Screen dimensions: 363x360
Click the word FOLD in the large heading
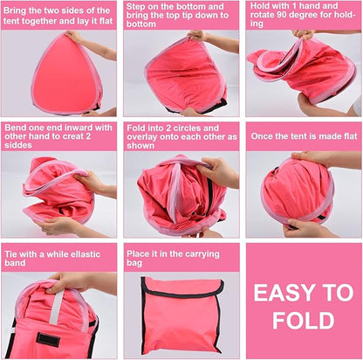[x=304, y=321]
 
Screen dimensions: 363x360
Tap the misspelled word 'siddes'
[x=18, y=145]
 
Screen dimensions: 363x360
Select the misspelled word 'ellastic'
[x=84, y=254]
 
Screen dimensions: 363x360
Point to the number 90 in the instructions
[x=281, y=15]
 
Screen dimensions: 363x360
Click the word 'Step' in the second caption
[x=135, y=6]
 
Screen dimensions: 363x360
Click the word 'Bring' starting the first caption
[x=15, y=11]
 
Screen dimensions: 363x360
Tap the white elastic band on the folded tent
[x=56, y=307]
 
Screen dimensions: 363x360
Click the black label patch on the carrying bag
[x=48, y=340]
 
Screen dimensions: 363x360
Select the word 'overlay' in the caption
[x=141, y=137]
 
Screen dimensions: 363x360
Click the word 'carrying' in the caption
[x=202, y=254]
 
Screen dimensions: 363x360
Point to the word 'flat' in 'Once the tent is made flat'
[x=349, y=136]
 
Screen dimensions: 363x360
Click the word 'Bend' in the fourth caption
[x=15, y=128]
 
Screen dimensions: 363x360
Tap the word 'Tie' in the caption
[x=10, y=254]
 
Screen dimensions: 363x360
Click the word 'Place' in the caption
[x=138, y=253]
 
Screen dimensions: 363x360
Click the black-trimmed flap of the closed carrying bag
[x=183, y=287]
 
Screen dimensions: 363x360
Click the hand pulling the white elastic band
[x=67, y=281]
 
